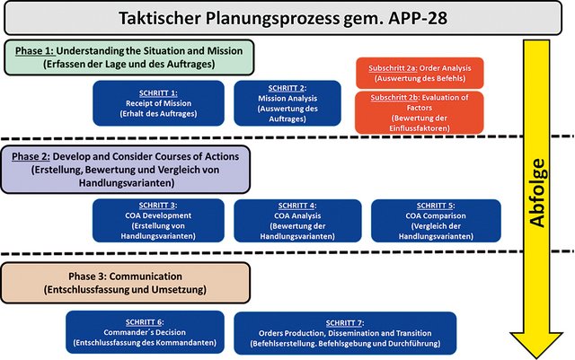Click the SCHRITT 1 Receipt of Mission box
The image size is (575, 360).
tap(156, 103)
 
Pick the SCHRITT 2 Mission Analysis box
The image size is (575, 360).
tap(287, 103)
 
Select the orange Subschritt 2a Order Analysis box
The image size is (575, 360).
tap(420, 73)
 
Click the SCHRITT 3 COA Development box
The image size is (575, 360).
tap(156, 221)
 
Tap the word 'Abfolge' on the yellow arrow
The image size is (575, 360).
tap(537, 207)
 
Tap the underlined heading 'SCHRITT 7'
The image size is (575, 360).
tap(345, 321)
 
